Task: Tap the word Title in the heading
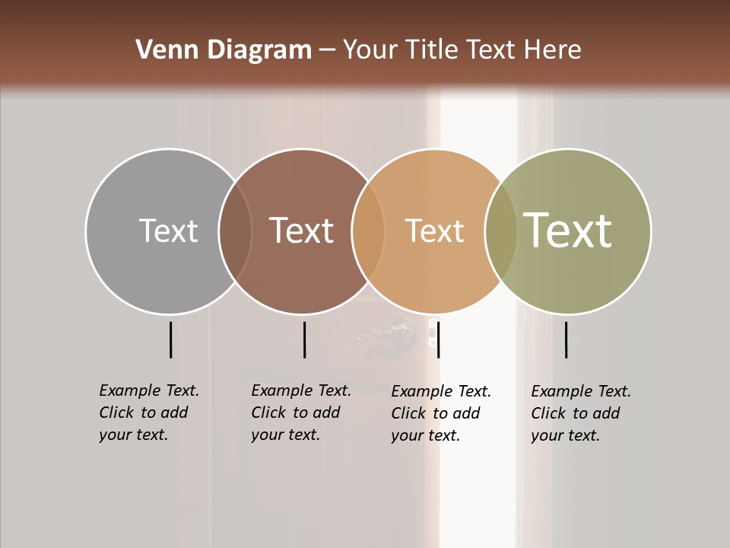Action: tap(431, 50)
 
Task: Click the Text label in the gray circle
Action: tap(168, 231)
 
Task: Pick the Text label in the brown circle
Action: tap(301, 231)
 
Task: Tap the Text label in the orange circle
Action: tap(434, 231)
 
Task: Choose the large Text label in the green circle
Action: tap(567, 230)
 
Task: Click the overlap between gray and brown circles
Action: tap(235, 231)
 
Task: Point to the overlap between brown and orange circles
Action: tap(368, 231)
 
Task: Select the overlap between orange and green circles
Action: tap(501, 231)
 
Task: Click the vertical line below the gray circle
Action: tap(171, 339)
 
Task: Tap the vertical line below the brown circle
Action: tap(304, 339)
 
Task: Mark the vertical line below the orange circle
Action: tap(439, 339)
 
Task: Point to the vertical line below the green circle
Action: tap(567, 339)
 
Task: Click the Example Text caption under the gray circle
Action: tap(148, 413)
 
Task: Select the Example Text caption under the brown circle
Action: tap(300, 413)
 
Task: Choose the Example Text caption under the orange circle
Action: tap(440, 413)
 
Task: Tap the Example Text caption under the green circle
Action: tap(580, 413)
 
